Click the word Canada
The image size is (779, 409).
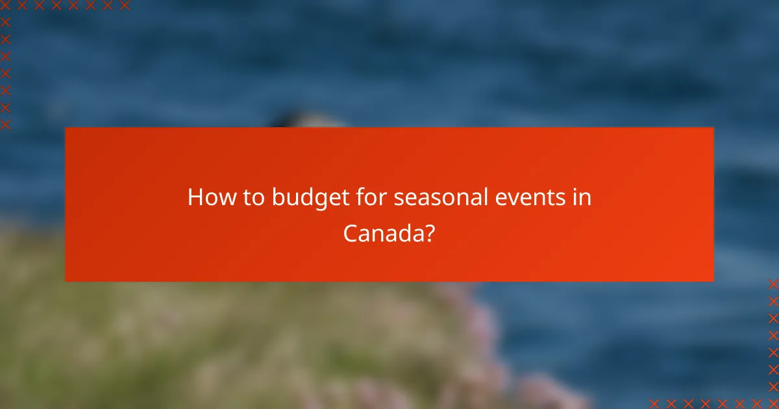pos(384,232)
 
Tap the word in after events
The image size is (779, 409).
pos(582,197)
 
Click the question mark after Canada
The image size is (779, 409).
pos(429,232)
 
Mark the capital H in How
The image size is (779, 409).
pos(195,197)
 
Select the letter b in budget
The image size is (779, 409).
pos(277,197)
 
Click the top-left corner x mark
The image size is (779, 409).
pos(5,5)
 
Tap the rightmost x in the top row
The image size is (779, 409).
pos(125,5)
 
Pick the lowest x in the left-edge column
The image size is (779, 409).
pos(5,123)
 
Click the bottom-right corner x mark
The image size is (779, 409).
pos(773,403)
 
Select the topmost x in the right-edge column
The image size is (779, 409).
pos(773,284)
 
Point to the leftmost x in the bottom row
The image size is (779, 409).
pos(654,403)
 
